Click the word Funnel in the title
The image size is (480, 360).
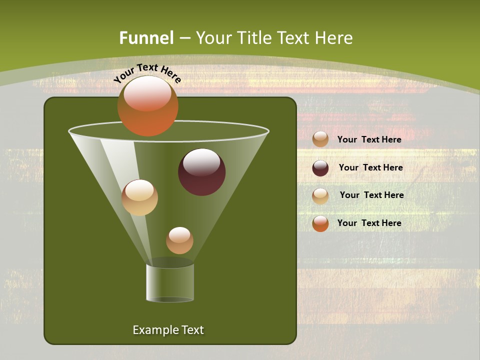pos(146,38)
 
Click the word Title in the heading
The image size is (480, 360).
pos(253,38)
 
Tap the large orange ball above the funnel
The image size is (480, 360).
pos(147,106)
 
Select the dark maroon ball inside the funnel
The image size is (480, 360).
pos(201,172)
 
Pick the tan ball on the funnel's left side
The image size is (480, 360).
pos(139,197)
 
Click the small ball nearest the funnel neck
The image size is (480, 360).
pos(179,240)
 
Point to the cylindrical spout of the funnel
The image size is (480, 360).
pos(170,282)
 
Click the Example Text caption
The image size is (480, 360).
pos(168,330)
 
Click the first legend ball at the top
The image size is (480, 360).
pos(320,139)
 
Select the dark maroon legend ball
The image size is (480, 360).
pos(320,168)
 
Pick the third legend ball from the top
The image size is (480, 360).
pos(320,196)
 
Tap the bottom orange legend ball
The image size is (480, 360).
pos(320,223)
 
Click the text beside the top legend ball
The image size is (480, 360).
pos(369,139)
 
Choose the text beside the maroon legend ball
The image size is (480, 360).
pos(370,167)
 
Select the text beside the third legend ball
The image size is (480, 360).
pos(371,195)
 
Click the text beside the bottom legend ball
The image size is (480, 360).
pos(369,223)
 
